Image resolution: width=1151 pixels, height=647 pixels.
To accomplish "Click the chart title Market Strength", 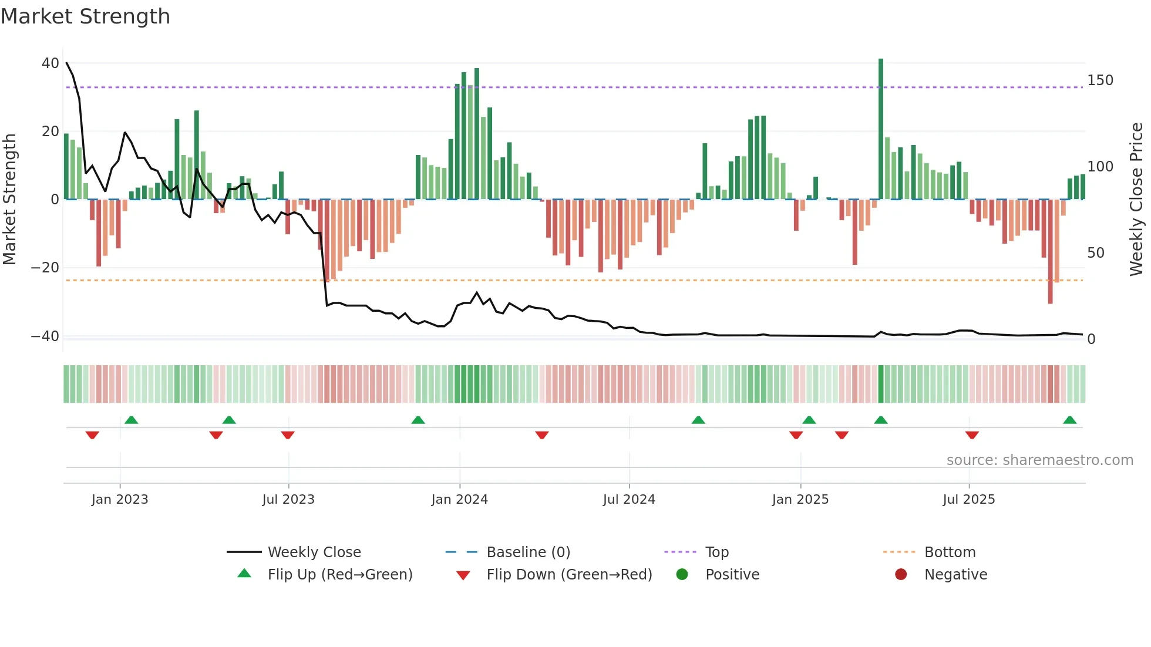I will tap(86, 16).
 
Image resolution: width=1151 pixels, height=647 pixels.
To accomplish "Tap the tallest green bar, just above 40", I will tap(881, 129).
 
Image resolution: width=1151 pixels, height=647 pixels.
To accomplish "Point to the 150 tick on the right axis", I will tap(1100, 80).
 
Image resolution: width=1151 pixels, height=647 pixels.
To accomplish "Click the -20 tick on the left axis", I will tap(45, 268).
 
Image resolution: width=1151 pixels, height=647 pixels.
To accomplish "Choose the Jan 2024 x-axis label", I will tap(459, 500).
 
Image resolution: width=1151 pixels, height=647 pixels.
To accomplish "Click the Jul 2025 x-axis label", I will tap(969, 500).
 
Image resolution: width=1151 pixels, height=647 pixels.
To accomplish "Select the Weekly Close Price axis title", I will tap(1137, 200).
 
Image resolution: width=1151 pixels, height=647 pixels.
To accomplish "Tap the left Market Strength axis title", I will tap(9, 200).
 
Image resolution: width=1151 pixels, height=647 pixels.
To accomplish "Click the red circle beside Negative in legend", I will tap(901, 574).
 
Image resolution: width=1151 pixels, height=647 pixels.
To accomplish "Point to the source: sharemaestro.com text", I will tap(1039, 460).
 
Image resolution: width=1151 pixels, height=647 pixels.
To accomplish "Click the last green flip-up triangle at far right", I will tap(1069, 420).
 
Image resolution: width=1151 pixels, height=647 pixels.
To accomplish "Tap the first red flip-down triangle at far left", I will tap(92, 435).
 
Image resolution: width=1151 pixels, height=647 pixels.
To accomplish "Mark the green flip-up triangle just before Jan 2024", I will tap(418, 420).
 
